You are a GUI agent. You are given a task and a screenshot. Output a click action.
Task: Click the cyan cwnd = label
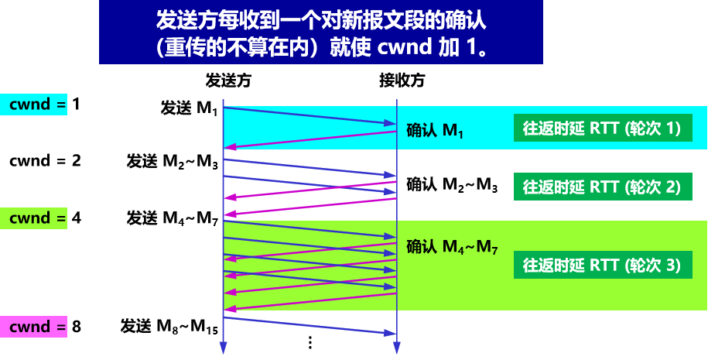click(34, 104)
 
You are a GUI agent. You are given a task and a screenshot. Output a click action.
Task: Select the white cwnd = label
click(34, 161)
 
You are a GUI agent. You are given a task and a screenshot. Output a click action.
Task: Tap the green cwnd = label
click(34, 218)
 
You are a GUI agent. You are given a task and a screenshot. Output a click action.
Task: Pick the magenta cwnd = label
click(34, 327)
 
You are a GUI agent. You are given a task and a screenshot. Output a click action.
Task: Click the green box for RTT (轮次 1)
click(601, 129)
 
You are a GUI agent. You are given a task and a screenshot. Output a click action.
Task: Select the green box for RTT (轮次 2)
click(601, 187)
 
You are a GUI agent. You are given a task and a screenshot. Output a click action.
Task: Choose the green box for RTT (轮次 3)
click(601, 266)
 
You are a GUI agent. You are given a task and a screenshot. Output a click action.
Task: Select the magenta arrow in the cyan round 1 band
click(310, 140)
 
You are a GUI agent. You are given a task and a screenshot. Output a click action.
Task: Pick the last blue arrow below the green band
click(310, 325)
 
